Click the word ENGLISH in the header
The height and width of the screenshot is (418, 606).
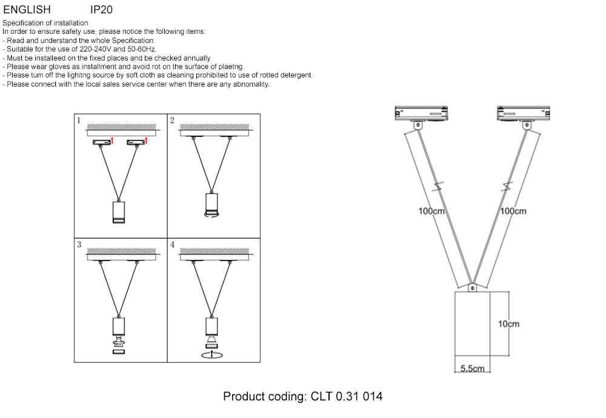click(27, 10)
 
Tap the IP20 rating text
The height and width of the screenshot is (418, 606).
click(101, 10)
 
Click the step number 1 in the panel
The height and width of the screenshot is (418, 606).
click(78, 121)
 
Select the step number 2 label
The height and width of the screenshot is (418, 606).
click(172, 121)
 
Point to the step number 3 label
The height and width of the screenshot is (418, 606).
click(79, 245)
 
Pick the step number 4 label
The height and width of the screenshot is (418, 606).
click(173, 245)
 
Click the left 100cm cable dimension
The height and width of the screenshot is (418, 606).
click(432, 211)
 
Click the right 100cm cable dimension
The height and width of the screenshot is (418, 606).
click(513, 211)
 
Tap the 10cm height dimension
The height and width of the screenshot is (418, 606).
click(508, 324)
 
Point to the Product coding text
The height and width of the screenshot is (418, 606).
click(303, 397)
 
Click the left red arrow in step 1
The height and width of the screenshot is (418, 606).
click(113, 141)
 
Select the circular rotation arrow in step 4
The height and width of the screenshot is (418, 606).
click(211, 354)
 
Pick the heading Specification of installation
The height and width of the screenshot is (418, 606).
click(45, 23)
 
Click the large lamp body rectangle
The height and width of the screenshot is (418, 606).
click(472, 327)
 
